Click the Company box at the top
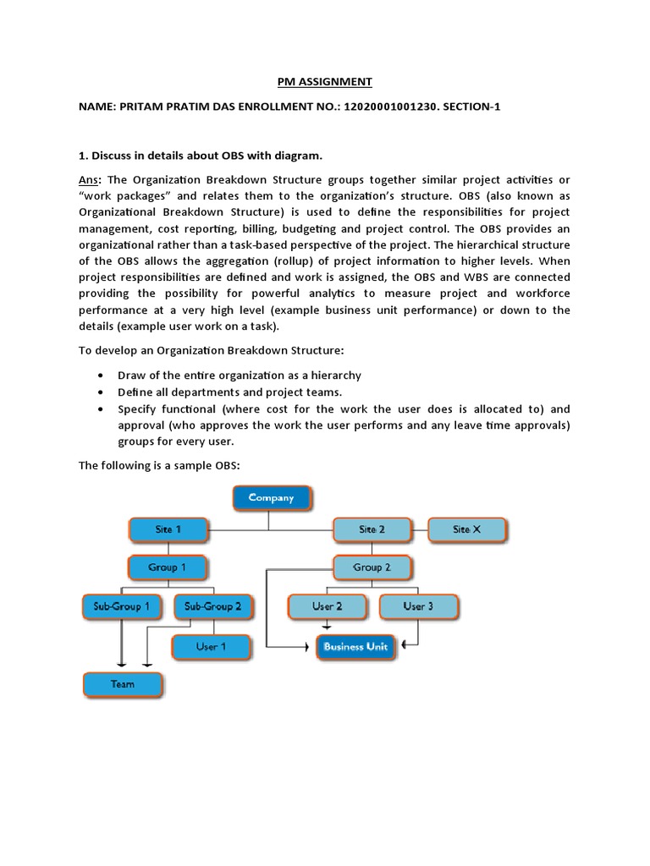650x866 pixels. tap(272, 498)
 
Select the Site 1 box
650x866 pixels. tap(168, 529)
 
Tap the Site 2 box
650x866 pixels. tap(372, 529)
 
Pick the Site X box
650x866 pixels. tap(466, 529)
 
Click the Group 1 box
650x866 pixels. tap(167, 567)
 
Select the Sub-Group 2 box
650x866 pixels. tap(212, 606)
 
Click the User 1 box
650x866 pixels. tap(211, 646)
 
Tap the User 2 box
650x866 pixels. tap(327, 606)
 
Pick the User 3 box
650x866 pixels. tap(418, 606)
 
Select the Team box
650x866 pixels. tap(123, 683)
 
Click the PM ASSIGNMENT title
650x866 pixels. tap(324, 82)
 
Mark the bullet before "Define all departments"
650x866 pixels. tap(102, 393)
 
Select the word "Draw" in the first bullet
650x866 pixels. tap(132, 375)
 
